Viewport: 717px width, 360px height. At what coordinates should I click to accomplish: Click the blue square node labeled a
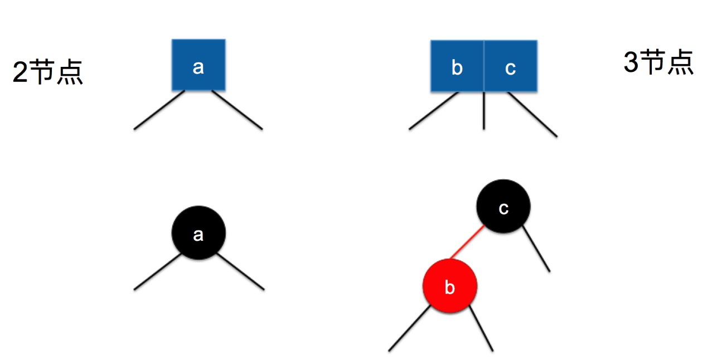coord(198,65)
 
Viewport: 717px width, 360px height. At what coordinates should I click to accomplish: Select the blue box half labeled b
coord(457,66)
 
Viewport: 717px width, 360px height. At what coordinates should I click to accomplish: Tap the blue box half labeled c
coord(510,66)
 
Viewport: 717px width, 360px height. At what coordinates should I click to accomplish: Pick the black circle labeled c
coord(503,207)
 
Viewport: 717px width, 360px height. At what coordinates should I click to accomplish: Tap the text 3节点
coord(658,62)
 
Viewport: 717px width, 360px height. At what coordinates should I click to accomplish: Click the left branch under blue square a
coord(159,110)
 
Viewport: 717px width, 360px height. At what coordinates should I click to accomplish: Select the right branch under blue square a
coord(237,110)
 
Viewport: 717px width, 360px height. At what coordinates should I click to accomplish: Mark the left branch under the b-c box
coord(434,111)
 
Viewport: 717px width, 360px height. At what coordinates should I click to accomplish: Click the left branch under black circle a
coord(158,272)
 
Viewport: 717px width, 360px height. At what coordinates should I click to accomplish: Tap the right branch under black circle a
coord(240,272)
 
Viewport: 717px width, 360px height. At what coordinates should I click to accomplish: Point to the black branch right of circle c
coord(537,250)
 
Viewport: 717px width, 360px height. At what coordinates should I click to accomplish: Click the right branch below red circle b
coord(481,329)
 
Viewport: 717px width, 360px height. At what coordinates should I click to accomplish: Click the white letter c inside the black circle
coord(503,208)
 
